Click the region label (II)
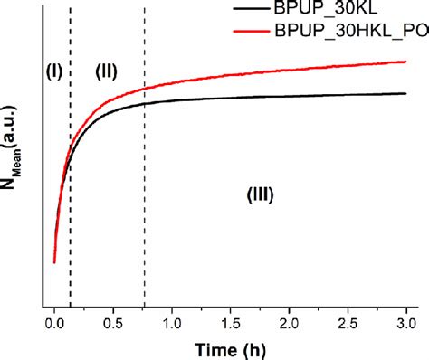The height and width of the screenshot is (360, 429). tap(106, 73)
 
